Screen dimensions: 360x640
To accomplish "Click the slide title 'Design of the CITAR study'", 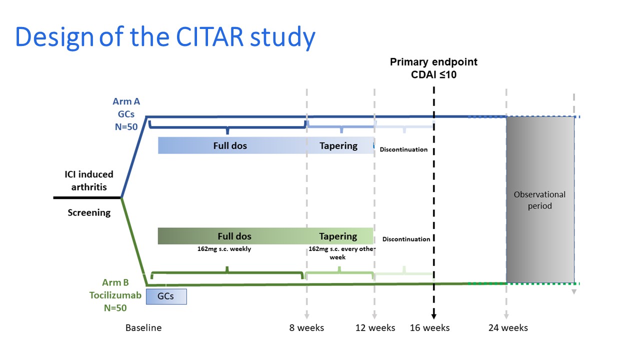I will tap(165, 37).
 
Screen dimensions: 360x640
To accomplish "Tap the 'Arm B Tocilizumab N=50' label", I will tap(114, 295).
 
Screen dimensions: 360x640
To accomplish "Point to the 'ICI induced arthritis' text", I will tap(89, 180).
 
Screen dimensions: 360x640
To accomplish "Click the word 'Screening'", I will tap(89, 212).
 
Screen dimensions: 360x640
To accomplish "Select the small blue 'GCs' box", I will tap(166, 296).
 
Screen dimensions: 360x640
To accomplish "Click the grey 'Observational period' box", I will tap(540, 200).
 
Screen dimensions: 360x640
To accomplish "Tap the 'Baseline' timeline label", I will tap(143, 328).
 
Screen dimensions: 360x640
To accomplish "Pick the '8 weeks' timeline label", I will tap(306, 328).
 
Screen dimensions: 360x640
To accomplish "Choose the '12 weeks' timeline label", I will tap(375, 328).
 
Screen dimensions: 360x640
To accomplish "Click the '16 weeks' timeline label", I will tap(429, 328).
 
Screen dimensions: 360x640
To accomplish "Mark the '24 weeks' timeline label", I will tap(508, 328).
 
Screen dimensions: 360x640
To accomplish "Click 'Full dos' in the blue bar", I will tap(230, 146).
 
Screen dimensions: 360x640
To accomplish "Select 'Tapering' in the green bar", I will tap(338, 236).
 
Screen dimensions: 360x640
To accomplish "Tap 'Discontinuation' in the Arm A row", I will tap(403, 149).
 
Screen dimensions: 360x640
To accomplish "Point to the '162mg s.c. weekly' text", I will tap(224, 248).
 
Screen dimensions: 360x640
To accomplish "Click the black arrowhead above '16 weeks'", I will tap(433, 315).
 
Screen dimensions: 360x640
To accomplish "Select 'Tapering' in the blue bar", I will tap(338, 146).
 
